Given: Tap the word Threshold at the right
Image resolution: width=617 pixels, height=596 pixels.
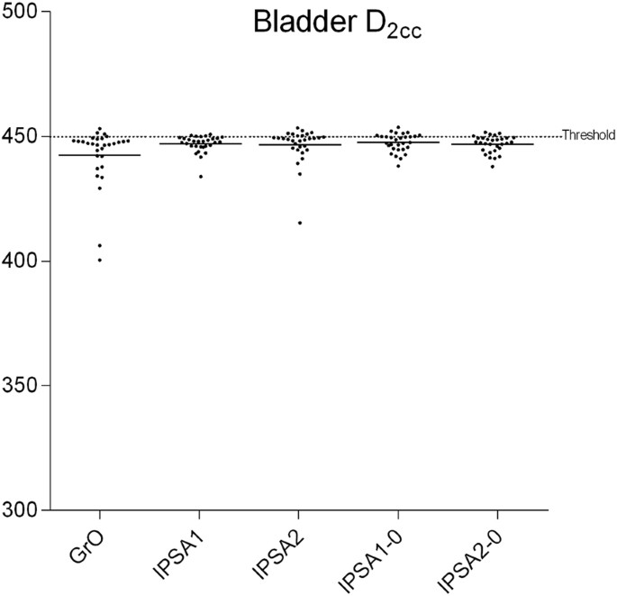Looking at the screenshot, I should pos(588,135).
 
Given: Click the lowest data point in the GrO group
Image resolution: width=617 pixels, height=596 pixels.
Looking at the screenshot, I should pos(99,260).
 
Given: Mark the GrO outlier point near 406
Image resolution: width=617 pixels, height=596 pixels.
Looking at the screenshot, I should pos(99,245).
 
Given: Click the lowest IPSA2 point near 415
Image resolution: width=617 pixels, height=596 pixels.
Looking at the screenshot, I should pos(300,223).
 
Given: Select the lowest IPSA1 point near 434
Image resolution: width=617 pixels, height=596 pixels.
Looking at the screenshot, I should pos(201,176).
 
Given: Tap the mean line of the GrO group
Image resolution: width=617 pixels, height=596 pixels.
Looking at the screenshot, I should pos(99,155).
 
